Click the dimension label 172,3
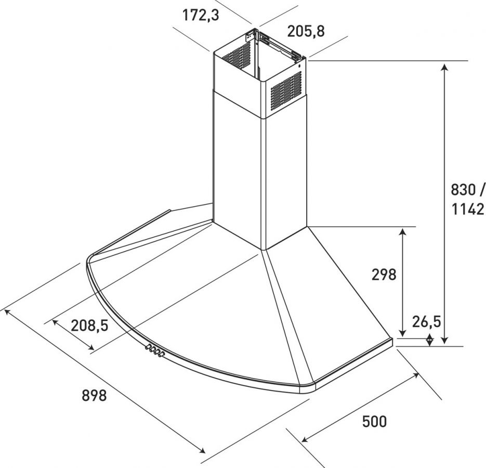click(x=201, y=15)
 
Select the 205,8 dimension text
click(x=306, y=31)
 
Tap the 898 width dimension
click(x=94, y=395)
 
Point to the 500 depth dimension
click(x=374, y=422)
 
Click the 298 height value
click(x=384, y=275)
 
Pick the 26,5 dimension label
click(x=426, y=322)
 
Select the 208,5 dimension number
click(x=89, y=326)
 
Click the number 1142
click(x=467, y=209)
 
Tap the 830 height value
click(x=463, y=189)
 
